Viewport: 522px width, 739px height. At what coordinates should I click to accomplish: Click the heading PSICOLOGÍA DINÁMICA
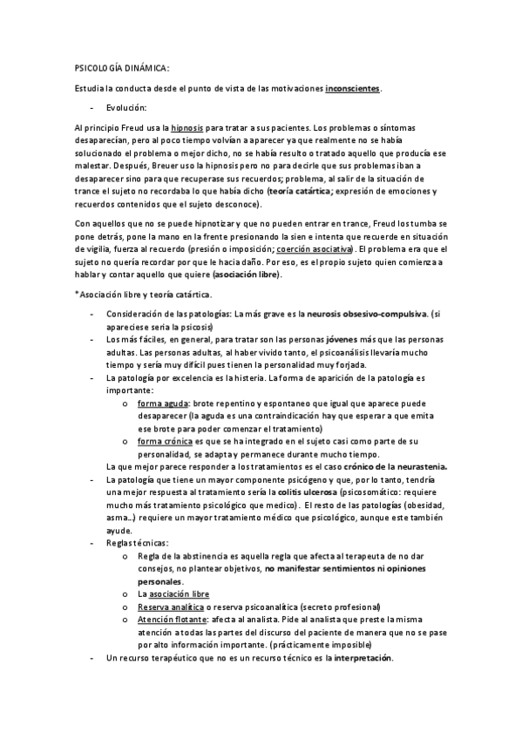[121, 68]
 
